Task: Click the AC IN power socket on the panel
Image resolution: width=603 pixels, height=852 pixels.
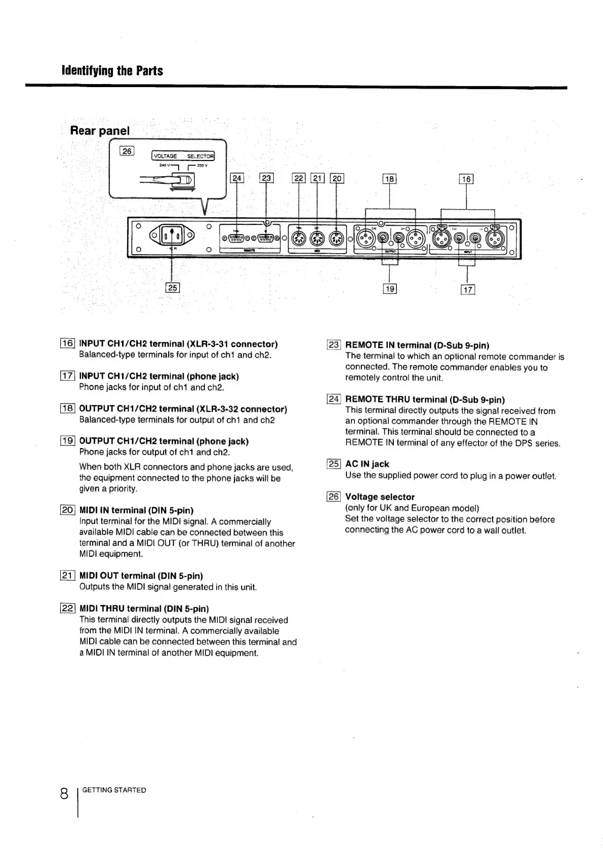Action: (x=173, y=235)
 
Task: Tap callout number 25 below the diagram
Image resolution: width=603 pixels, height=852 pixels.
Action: (x=173, y=288)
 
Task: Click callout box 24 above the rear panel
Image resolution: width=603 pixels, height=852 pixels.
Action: (x=237, y=178)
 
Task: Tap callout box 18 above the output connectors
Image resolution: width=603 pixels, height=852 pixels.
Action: (x=389, y=178)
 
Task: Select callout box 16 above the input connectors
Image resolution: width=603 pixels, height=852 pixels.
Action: (x=466, y=178)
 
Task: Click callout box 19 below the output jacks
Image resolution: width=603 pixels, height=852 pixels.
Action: (x=389, y=289)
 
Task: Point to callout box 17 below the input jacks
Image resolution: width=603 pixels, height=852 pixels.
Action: (x=467, y=290)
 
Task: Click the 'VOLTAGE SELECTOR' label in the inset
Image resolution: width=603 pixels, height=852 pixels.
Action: (x=183, y=156)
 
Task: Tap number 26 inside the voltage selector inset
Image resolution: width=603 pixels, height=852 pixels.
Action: (x=127, y=151)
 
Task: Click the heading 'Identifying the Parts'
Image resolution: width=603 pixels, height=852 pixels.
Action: (x=112, y=70)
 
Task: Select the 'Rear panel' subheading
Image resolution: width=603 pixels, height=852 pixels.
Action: (x=100, y=131)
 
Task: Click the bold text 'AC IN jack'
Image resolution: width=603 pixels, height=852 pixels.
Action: (x=367, y=464)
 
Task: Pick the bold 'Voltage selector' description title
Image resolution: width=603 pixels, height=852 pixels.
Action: (x=380, y=497)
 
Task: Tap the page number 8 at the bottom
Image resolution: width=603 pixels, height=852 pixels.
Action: (x=64, y=793)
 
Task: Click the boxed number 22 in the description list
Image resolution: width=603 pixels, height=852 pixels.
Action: (x=68, y=608)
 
